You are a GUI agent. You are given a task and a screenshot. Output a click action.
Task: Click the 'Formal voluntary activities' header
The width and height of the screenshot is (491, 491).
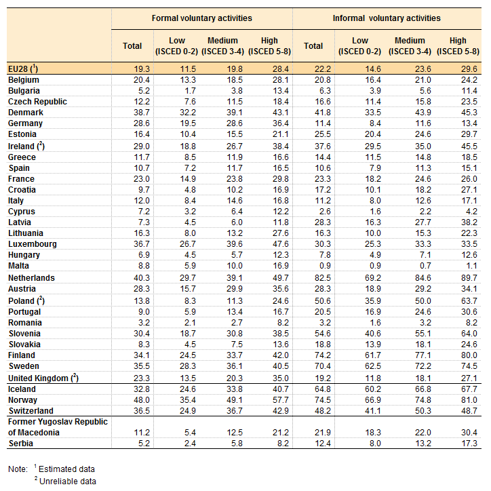(x=201, y=18)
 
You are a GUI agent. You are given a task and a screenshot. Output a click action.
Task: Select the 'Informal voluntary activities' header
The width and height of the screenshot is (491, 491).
(x=387, y=18)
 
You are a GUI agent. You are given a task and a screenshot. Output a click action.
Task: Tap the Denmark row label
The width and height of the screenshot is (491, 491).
(x=26, y=113)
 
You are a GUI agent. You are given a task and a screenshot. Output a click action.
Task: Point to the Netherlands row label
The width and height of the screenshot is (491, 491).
(x=31, y=278)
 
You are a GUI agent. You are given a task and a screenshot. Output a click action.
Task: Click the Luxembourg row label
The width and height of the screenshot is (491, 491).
(x=33, y=244)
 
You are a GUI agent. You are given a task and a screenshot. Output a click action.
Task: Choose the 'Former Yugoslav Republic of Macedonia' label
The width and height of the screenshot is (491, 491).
(x=58, y=427)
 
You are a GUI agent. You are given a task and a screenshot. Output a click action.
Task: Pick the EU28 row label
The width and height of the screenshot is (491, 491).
(x=23, y=69)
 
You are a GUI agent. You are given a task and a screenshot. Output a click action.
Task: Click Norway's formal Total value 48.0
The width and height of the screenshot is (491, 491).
(x=142, y=400)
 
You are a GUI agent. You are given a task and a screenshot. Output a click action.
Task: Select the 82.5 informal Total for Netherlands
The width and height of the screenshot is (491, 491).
(x=323, y=278)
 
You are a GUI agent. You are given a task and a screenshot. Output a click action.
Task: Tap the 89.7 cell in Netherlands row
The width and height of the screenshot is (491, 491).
(x=469, y=278)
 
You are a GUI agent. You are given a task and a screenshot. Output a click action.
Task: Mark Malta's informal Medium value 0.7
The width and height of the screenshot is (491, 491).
(x=425, y=266)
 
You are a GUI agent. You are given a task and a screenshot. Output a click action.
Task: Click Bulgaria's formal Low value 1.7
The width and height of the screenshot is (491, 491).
(x=190, y=91)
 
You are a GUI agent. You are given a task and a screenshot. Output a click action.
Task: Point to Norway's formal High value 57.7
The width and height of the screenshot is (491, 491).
(x=281, y=400)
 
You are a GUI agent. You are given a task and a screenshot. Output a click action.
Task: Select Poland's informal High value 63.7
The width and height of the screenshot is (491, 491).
(x=469, y=301)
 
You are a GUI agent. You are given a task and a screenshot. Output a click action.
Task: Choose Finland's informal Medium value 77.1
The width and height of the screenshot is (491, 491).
(x=423, y=355)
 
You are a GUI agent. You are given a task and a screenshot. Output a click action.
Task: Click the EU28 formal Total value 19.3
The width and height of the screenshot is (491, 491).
(x=142, y=69)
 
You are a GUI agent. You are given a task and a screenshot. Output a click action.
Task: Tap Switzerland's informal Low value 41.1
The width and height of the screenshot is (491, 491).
(x=373, y=411)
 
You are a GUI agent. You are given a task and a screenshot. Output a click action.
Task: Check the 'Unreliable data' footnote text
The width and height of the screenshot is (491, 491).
(x=68, y=482)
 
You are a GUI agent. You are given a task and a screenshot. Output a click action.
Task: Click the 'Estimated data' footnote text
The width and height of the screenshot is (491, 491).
(x=66, y=469)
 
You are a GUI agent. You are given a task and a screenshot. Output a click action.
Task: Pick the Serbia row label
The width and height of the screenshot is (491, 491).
(x=20, y=444)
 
